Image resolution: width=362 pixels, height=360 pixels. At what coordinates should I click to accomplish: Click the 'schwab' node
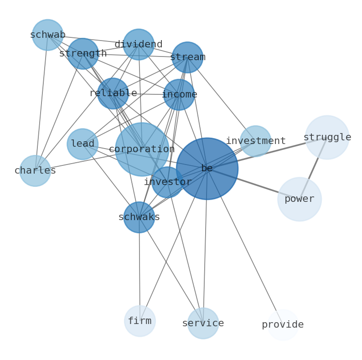pos(47,35)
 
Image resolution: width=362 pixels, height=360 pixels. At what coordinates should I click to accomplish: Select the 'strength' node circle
pos(83,54)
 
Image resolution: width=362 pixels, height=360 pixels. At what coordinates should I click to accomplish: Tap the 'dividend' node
pos(139,45)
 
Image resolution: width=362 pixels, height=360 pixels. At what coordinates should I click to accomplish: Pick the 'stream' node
pos(187,57)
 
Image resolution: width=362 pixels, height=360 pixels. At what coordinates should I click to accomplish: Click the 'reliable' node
pos(113,93)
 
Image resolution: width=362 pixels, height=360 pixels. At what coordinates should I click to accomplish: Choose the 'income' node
pos(179,95)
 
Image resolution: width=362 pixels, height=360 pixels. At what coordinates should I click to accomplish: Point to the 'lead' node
pos(83,144)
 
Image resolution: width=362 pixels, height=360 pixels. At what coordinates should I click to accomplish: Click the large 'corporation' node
pos(142,149)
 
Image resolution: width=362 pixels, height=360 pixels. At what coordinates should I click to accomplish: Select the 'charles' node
pos(35,171)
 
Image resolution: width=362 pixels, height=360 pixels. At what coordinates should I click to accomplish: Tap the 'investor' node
pos(167,182)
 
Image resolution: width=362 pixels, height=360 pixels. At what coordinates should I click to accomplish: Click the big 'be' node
pos(207,169)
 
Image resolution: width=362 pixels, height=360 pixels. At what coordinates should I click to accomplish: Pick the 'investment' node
pos(256,141)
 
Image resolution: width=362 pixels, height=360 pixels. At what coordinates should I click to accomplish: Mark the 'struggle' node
pos(327,138)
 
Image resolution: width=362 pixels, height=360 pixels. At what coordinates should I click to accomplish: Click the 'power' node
pos(300,199)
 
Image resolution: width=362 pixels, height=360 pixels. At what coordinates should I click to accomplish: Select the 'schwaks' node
pos(139,217)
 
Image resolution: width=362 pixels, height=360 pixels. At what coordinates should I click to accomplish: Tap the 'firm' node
pos(140,321)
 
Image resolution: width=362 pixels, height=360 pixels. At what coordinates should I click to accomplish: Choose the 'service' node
pos(203,324)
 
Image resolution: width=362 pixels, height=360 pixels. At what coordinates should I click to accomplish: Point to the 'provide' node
pos(283,325)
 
